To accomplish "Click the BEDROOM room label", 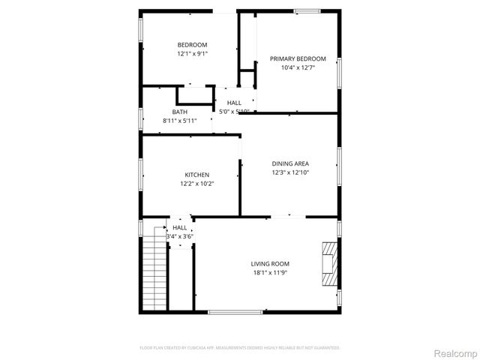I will (x=192, y=45).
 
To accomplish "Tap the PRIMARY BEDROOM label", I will (x=298, y=58).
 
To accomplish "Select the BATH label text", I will (x=179, y=112).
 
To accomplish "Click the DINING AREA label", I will (x=290, y=163).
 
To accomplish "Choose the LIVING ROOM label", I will (x=270, y=264).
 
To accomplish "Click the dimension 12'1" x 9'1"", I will (x=192, y=54).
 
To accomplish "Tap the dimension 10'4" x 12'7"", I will (x=298, y=67).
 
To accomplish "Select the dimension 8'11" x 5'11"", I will (x=179, y=121).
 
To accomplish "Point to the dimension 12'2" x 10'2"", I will (x=197, y=184).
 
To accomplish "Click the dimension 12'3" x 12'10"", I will (x=290, y=172).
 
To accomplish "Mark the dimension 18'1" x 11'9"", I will (x=270, y=273).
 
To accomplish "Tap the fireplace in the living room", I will (x=328, y=264).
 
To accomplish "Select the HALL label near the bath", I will (x=234, y=103).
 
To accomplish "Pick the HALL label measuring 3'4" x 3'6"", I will (x=180, y=227).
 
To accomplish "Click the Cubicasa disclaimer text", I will (x=240, y=348).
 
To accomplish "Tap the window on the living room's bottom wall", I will (x=235, y=311).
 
